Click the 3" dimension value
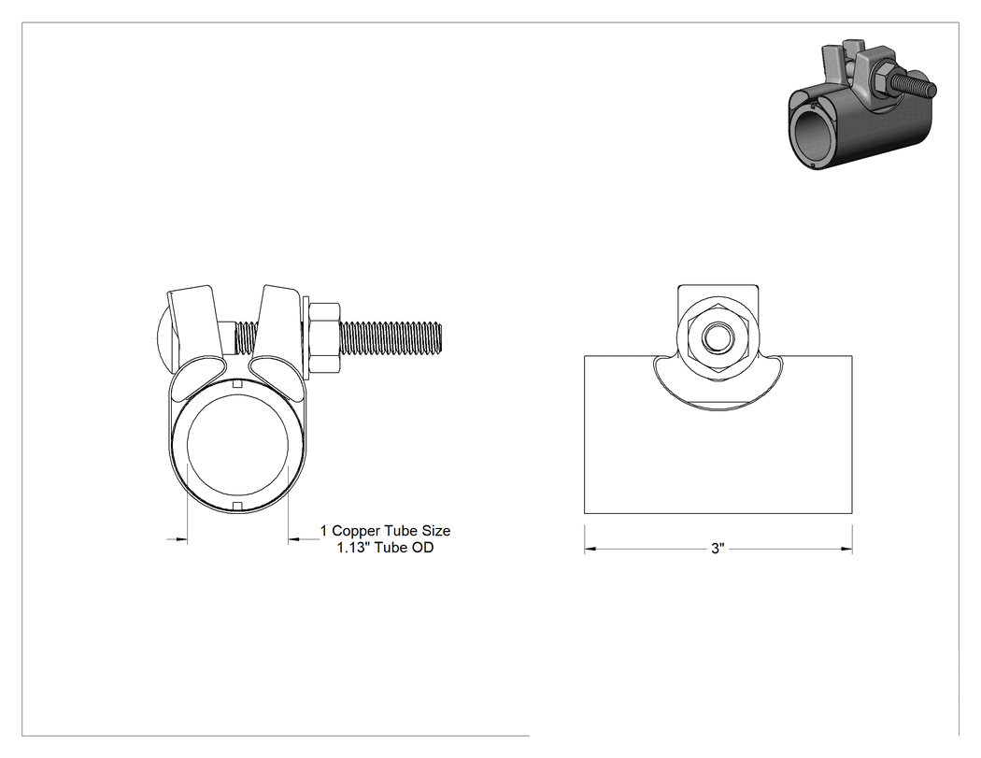[x=718, y=549]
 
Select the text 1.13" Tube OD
[x=385, y=548]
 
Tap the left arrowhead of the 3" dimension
[x=590, y=550]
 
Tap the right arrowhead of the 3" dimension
[x=846, y=550]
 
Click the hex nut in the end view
[x=325, y=338]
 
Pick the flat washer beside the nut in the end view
[x=306, y=338]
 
